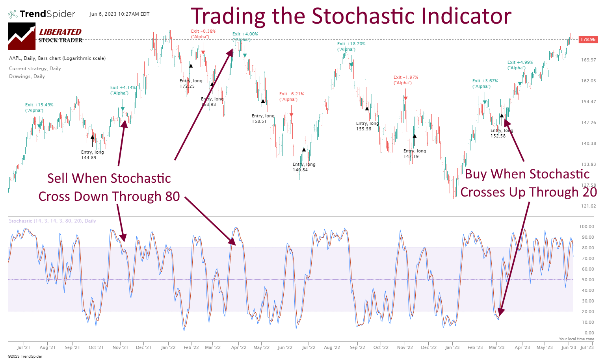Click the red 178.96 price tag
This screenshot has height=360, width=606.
point(588,39)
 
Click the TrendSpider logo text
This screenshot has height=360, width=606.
point(47,14)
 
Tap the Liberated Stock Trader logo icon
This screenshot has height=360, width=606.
point(22,36)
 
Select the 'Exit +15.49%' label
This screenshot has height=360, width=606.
point(39,105)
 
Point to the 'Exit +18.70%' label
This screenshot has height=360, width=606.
point(351,44)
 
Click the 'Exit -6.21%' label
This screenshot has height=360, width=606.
point(292,94)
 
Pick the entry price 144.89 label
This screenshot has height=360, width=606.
point(89,158)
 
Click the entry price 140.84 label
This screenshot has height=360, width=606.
point(300,170)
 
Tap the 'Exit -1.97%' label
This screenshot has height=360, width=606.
point(406,78)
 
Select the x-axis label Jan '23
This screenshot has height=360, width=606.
point(452,347)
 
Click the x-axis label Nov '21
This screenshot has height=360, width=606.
point(120,347)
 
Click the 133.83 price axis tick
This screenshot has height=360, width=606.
point(588,164)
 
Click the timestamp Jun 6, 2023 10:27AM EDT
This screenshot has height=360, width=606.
point(119,14)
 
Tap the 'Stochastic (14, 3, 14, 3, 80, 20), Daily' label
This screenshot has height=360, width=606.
point(52,221)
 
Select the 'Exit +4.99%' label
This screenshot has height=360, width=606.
point(520,63)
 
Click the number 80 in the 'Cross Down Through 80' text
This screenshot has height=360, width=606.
point(173,196)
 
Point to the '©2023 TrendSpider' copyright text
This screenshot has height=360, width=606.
point(25,356)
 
